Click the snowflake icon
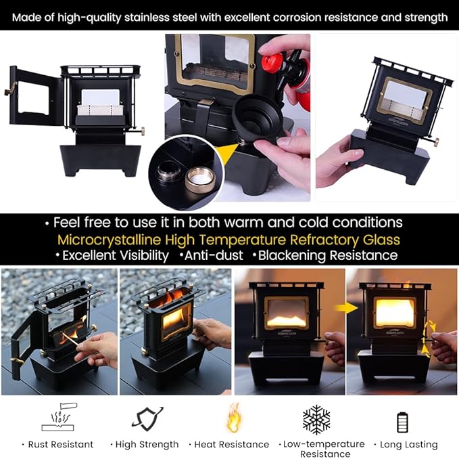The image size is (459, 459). click(316, 420)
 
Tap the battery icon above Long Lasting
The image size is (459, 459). click(402, 422)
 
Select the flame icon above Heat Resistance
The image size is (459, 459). click(234, 418)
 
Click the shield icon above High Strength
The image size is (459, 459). click(147, 418)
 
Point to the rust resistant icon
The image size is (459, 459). click(59, 417)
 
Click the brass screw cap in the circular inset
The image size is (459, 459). click(200, 179)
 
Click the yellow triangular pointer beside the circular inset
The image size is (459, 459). click(227, 153)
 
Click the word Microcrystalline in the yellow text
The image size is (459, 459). click(109, 240)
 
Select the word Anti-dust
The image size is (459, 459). click(214, 255)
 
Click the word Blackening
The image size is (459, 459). click(292, 255)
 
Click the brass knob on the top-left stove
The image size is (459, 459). click(142, 131)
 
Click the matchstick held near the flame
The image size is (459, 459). click(72, 339)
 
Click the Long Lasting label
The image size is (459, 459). click(409, 445)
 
